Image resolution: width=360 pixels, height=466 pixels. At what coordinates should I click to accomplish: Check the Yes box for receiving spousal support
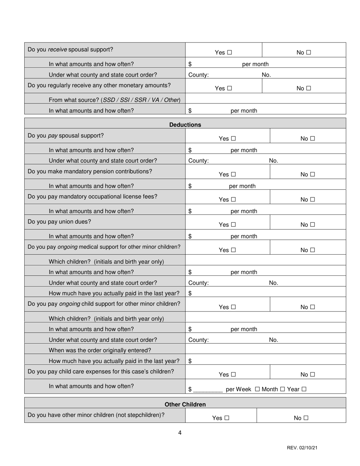(x=229, y=53)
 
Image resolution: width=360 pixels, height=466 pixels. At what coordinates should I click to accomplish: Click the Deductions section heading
(x=185, y=125)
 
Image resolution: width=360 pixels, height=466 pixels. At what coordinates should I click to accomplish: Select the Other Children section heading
(x=185, y=404)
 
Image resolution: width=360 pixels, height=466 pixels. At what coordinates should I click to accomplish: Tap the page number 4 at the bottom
(x=180, y=433)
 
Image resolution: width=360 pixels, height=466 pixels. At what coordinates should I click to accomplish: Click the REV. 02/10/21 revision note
(x=302, y=448)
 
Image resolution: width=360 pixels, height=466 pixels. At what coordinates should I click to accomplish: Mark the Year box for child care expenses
(x=304, y=389)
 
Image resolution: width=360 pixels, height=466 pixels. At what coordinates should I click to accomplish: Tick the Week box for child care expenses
(x=257, y=389)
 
